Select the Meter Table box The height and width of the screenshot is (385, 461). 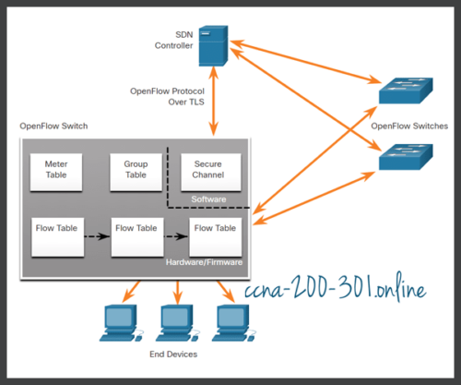click(x=56, y=168)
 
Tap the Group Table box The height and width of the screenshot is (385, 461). click(x=136, y=168)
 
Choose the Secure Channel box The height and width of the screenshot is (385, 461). click(x=210, y=168)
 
